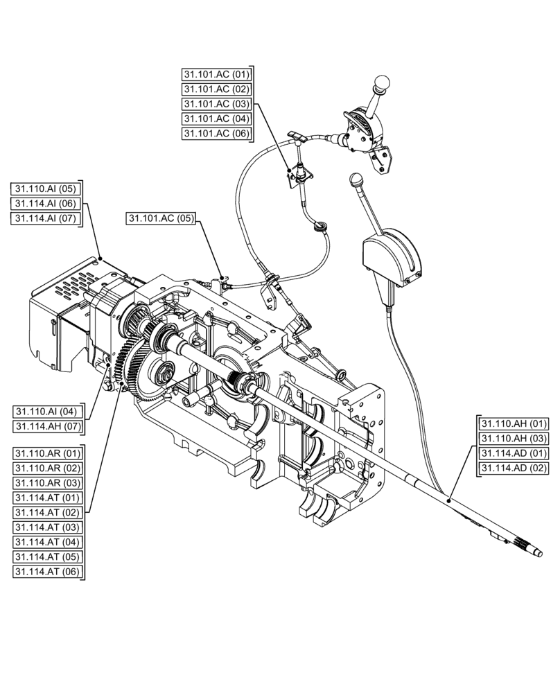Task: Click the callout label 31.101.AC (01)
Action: pos(216,75)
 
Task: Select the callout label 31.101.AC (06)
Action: pos(216,134)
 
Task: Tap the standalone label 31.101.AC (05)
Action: pos(161,218)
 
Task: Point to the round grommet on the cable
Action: pos(320,225)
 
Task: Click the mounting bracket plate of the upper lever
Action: pos(382,158)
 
